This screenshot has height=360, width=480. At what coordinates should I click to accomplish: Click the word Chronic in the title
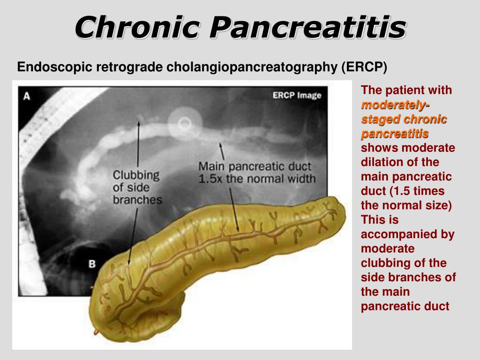137,27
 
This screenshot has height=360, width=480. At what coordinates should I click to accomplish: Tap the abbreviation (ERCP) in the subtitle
364,67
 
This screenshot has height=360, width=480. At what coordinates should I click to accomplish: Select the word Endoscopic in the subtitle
54,67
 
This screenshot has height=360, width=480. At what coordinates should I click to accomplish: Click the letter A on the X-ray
27,97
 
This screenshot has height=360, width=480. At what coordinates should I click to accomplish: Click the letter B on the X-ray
92,264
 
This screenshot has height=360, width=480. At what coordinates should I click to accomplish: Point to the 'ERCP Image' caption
297,96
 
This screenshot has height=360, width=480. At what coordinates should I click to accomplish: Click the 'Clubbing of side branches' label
137,187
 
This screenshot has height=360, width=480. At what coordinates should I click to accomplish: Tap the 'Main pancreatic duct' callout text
255,166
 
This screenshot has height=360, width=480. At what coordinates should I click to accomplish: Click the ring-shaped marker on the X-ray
185,124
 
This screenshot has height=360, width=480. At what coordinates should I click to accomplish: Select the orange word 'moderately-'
396,105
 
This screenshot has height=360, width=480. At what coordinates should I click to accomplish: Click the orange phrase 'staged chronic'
404,119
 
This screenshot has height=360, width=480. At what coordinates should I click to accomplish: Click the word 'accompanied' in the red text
407,234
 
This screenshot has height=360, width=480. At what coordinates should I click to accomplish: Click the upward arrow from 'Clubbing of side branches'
138,144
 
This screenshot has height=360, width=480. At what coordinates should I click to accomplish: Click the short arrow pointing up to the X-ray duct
222,151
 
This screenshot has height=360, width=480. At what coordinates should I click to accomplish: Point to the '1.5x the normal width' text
257,179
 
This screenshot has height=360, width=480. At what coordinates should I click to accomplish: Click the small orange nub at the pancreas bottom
96,332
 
